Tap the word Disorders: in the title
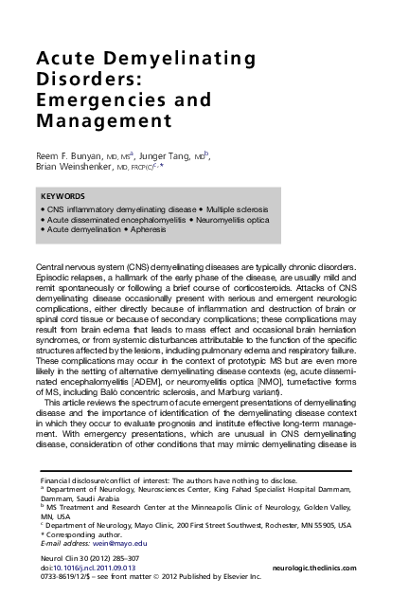click(x=80, y=81)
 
